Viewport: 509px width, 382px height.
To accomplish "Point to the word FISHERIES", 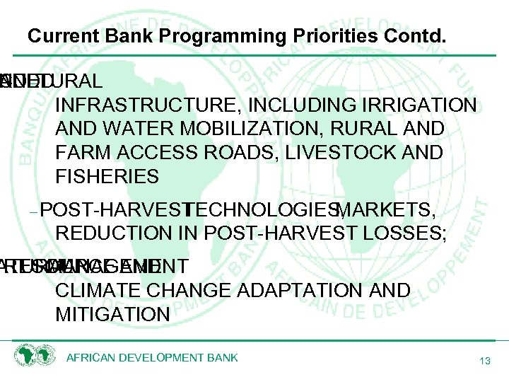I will (107, 175).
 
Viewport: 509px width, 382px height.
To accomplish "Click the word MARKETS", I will (385, 210).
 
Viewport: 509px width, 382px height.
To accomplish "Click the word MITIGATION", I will (112, 313).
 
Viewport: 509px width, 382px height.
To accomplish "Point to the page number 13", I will (484, 361).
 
